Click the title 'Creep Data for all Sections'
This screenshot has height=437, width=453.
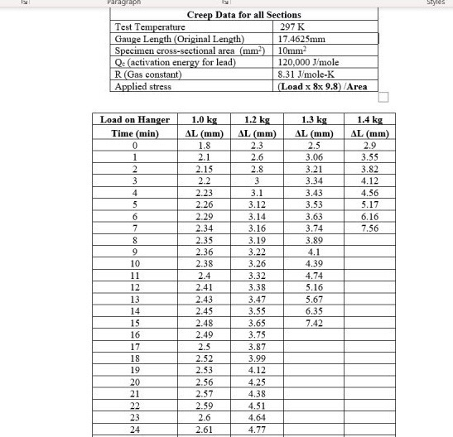click(x=243, y=15)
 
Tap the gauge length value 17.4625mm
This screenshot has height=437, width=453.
click(x=304, y=38)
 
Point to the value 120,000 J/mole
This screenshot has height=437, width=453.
click(x=309, y=62)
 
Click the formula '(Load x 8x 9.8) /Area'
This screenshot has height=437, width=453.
click(x=323, y=86)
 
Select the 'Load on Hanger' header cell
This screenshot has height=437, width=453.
click(x=134, y=120)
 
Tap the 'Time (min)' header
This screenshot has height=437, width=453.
click(x=134, y=132)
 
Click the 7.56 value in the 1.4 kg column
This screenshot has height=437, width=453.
click(x=369, y=228)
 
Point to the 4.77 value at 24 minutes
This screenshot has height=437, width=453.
click(x=258, y=430)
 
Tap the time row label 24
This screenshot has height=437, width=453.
click(x=134, y=430)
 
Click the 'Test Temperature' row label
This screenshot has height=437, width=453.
click(x=150, y=26)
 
